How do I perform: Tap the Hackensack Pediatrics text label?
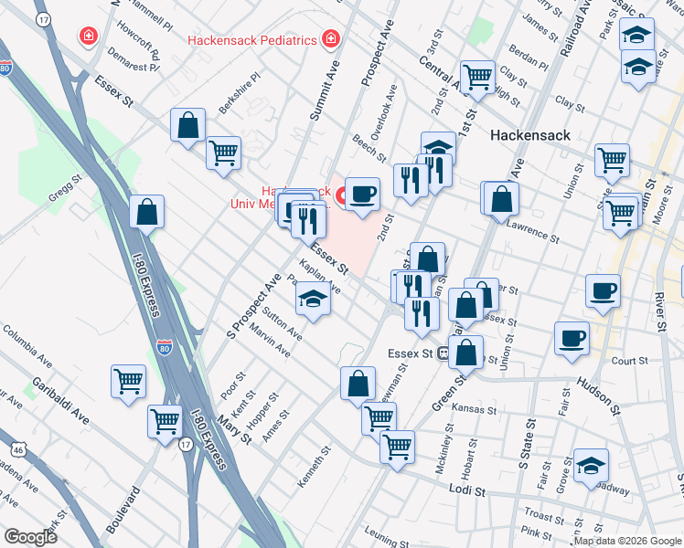252,40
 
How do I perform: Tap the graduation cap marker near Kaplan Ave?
313,300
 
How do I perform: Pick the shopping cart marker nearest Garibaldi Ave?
129,380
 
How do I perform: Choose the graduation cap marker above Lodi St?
590,465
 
